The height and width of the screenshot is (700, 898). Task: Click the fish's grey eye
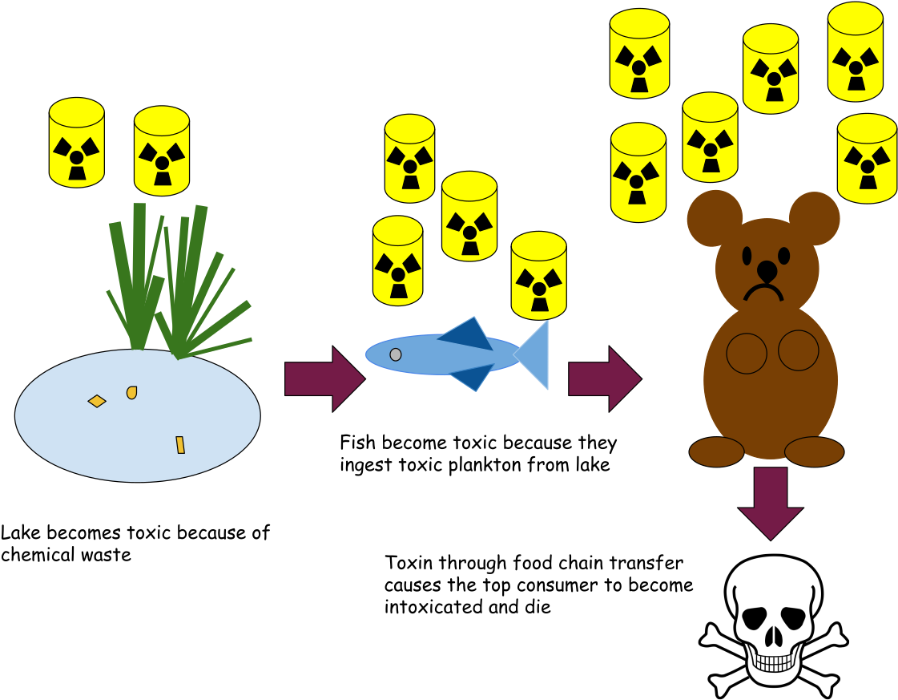click(396, 354)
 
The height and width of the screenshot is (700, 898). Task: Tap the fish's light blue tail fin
click(536, 354)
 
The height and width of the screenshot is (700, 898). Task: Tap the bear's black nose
click(767, 270)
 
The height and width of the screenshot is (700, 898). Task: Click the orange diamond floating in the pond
click(97, 401)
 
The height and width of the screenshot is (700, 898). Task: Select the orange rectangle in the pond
click(180, 445)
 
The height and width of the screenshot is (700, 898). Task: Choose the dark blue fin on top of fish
click(468, 334)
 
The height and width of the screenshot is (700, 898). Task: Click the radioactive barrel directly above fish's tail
click(538, 275)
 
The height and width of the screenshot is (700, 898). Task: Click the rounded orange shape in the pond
click(131, 392)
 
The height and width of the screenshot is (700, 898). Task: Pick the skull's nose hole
click(773, 637)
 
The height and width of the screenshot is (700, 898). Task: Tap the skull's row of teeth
click(773, 665)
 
